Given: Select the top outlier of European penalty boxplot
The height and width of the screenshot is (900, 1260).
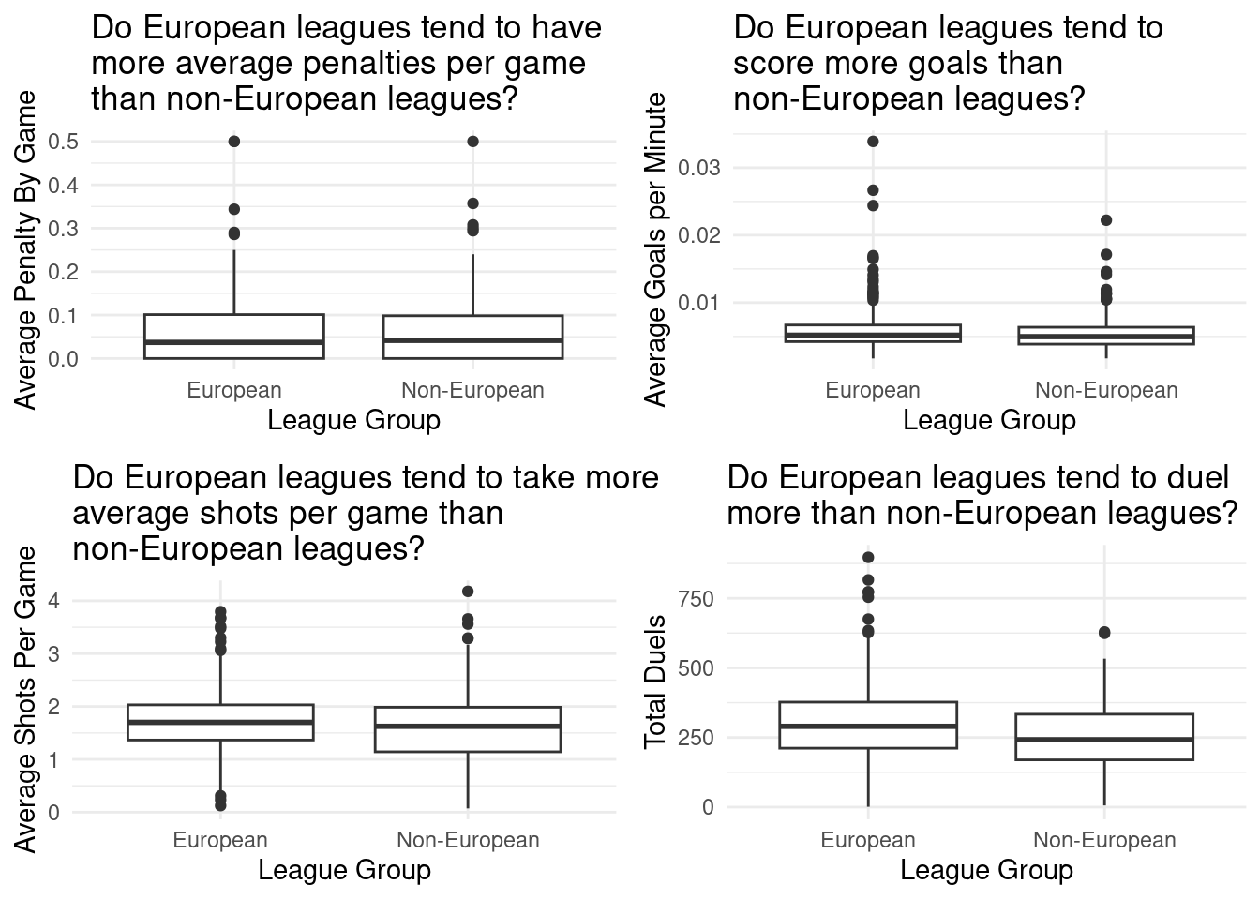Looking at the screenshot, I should pos(234,142).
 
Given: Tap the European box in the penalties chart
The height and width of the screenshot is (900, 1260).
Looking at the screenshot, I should pos(234,336).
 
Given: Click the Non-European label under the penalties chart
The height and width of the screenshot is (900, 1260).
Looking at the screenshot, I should pos(472,390).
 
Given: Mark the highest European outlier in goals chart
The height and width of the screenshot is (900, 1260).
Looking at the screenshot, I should pos(873,142).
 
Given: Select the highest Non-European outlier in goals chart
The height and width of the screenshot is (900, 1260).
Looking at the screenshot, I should pos(1106,220).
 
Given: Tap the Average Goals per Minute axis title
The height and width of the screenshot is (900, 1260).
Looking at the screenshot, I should pos(656,249).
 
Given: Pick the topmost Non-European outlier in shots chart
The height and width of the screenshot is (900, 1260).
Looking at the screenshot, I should pos(468,592).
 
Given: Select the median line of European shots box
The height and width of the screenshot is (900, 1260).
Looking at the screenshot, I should pos(220,722).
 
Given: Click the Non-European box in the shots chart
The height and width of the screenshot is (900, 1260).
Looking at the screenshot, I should pos(468,729).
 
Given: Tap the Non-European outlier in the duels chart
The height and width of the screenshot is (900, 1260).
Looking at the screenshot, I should pos(1104,634).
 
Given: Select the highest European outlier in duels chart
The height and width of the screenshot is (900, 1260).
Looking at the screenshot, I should pos(868,558).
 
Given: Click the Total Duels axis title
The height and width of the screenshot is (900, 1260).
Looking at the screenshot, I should pos(655,682).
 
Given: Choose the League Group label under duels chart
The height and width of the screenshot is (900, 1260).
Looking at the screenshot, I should pos(986,870).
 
